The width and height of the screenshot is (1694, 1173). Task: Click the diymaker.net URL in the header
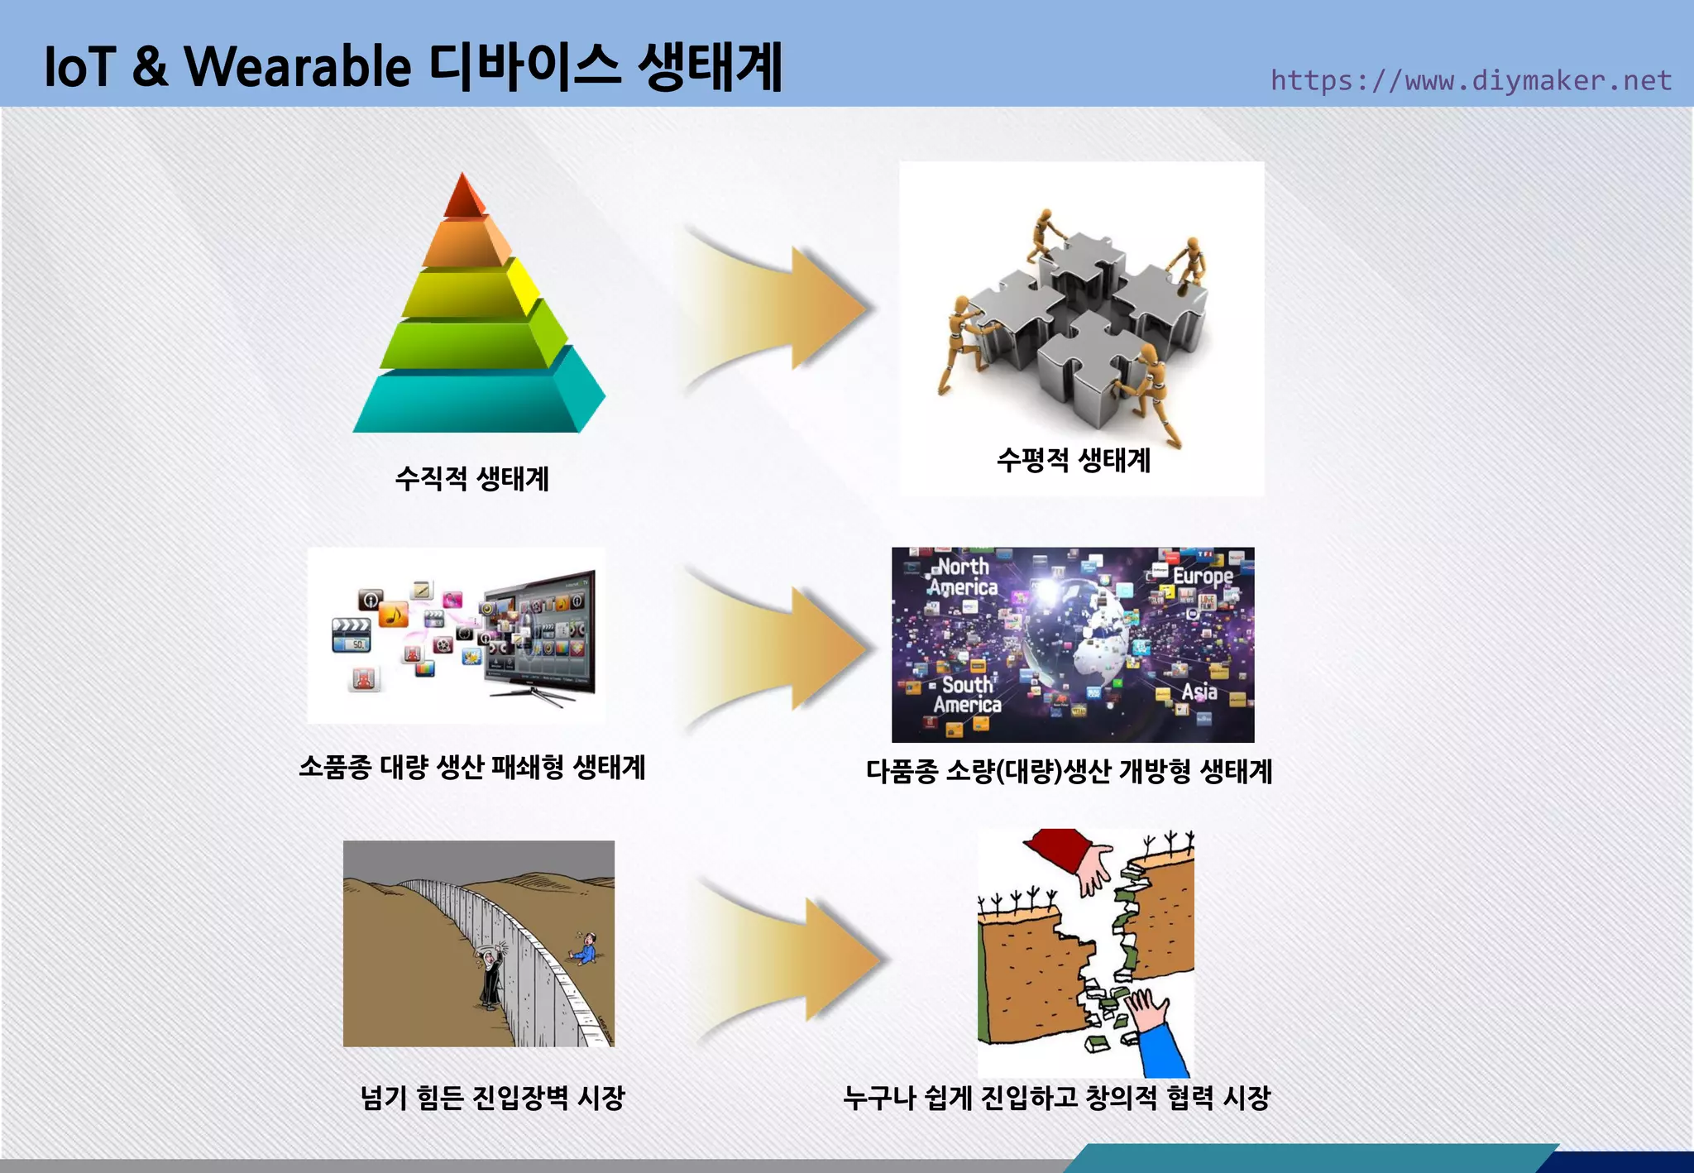point(1471,80)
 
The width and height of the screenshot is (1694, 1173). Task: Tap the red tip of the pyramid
point(463,197)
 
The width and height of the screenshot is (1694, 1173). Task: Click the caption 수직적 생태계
point(471,478)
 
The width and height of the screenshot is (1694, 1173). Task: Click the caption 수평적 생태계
point(1073,459)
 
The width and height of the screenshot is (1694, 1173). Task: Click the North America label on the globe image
point(963,577)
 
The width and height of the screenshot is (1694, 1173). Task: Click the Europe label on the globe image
point(1202,575)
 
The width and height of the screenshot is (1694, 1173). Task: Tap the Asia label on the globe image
point(1199,691)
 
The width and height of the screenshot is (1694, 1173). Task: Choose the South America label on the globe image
point(967,694)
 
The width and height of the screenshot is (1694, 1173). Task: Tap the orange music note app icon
point(394,615)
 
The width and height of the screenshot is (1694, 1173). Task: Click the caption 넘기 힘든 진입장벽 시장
point(492,1098)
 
